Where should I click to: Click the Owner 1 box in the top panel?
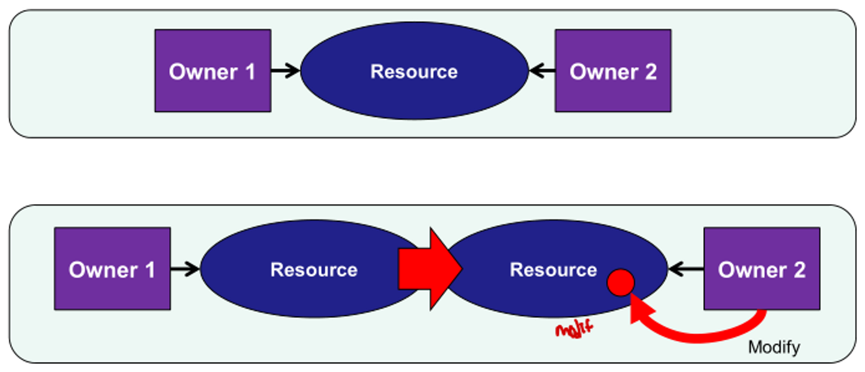(212, 71)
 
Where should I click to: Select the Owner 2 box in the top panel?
(613, 71)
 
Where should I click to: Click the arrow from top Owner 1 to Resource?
(285, 71)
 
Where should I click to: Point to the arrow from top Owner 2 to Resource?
(541, 71)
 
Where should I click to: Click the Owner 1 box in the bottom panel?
(112, 269)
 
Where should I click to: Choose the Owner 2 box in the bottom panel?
(762, 269)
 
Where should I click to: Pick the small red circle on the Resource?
(620, 284)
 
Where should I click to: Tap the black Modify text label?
(774, 347)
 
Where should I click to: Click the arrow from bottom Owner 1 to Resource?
(185, 269)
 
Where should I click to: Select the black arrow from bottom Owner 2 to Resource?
(685, 269)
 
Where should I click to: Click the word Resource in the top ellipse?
(414, 72)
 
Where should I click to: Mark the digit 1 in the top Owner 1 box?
(249, 72)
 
